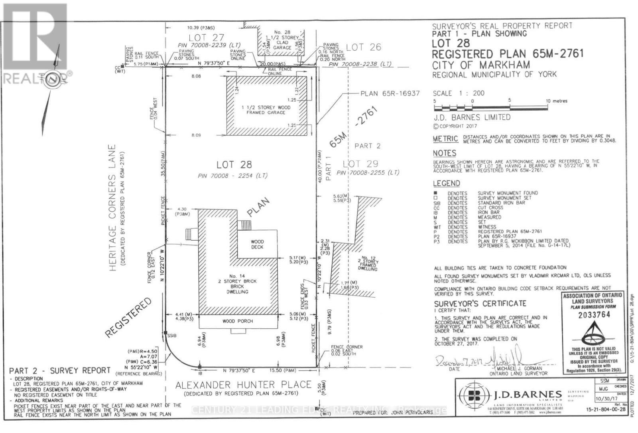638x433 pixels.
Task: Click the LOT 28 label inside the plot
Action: coord(234,164)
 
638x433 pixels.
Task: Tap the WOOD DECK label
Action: coord(257,244)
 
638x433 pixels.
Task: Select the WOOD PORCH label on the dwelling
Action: coord(238,321)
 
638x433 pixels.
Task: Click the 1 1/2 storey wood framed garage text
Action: coord(266,110)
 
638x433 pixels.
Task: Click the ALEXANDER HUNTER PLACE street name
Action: coord(244,385)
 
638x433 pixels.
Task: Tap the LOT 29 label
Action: coord(360,164)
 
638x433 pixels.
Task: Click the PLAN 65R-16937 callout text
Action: coord(390,93)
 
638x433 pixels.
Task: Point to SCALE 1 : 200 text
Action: coord(459,93)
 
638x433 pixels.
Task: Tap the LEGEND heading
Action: coord(446,184)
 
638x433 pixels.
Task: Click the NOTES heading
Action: coord(444,153)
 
